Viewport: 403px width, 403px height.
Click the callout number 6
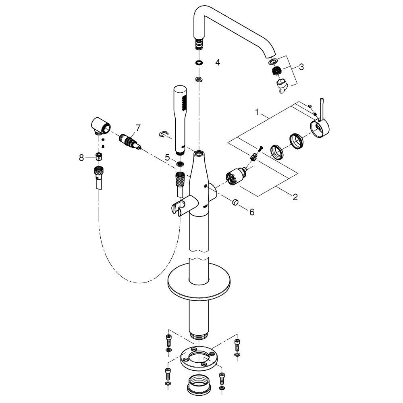[x=252, y=212]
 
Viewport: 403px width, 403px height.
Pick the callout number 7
[x=138, y=128]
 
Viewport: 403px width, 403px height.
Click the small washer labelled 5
[x=180, y=164]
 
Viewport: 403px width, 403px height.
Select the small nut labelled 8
[x=98, y=157]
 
